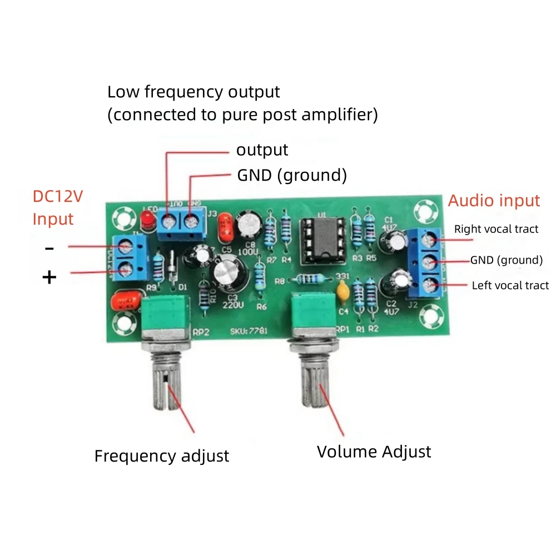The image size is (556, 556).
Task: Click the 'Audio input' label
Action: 494,201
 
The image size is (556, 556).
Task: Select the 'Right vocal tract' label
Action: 496,229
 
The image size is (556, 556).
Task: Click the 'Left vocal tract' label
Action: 510,286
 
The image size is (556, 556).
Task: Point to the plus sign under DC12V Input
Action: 49,277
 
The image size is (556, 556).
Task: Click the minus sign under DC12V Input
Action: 49,248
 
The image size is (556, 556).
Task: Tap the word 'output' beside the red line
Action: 262,150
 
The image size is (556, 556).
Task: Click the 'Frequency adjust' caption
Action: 161,456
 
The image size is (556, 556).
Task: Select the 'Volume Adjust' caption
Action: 374,451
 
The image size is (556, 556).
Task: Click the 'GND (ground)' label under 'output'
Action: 292,176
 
